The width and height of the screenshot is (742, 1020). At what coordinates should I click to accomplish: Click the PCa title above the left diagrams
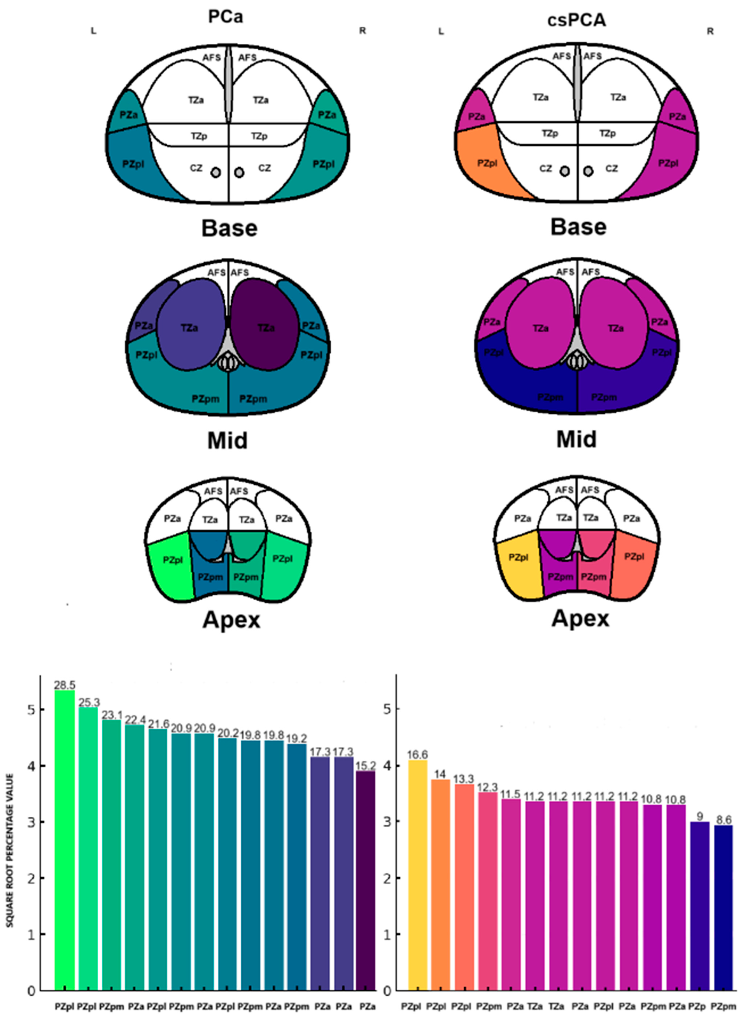pos(226,17)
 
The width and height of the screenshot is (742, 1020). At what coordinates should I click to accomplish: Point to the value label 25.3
pos(89,702)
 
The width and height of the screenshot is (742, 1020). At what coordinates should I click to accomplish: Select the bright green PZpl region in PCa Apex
pos(171,567)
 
